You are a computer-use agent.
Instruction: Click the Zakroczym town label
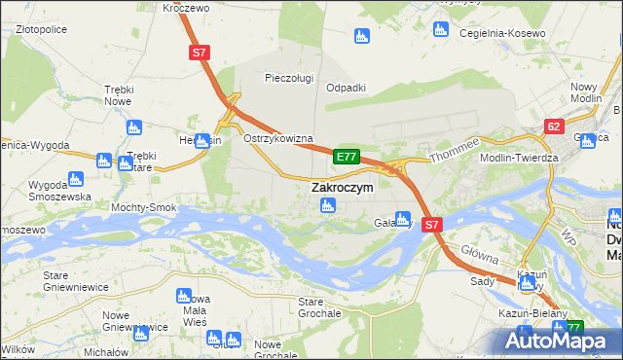pyautogui.click(x=342, y=187)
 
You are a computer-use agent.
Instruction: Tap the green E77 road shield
pyautogui.click(x=347, y=156)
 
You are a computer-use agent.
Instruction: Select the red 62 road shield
pyautogui.click(x=554, y=126)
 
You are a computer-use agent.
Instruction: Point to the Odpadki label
pyautogui.click(x=346, y=87)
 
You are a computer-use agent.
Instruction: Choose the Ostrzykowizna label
pyautogui.click(x=277, y=138)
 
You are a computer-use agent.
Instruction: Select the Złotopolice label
pyautogui.click(x=41, y=29)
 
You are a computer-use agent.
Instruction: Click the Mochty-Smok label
pyautogui.click(x=143, y=207)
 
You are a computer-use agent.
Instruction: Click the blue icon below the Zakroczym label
pyautogui.click(x=329, y=205)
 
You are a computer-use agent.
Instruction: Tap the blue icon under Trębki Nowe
pyautogui.click(x=133, y=126)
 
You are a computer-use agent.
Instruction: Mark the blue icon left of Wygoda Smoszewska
pyautogui.click(x=74, y=179)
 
